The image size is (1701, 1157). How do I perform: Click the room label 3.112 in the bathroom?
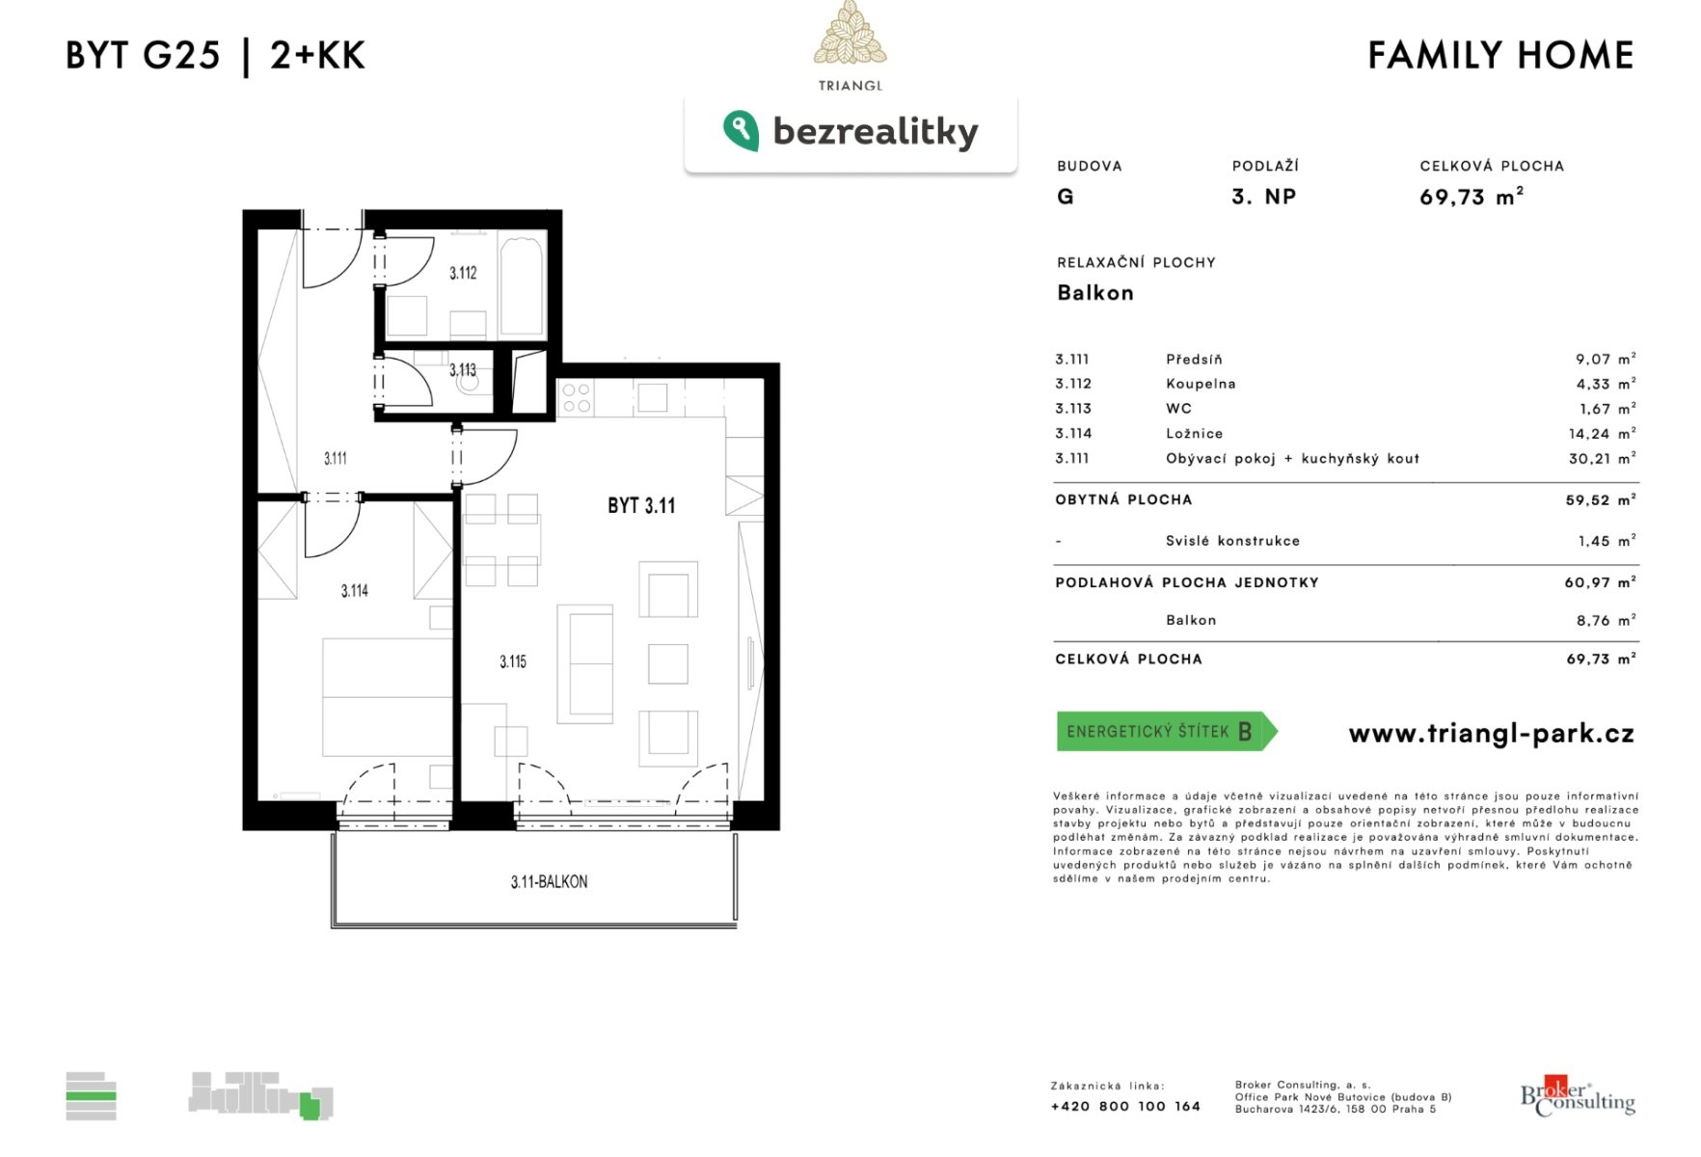[463, 273]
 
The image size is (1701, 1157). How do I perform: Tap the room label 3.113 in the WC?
[463, 370]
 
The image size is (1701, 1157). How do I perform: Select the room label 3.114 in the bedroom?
[354, 590]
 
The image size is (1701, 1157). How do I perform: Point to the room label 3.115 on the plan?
[513, 661]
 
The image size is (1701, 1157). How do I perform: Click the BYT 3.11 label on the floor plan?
[641, 505]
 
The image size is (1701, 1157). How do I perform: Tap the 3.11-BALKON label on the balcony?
[549, 881]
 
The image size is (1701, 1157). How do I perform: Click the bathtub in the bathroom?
[523, 286]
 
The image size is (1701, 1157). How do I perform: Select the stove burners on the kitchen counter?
[576, 398]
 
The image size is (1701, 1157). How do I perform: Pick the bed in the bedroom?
[388, 696]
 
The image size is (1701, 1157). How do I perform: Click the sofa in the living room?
[584, 664]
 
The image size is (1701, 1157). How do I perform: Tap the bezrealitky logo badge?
[850, 132]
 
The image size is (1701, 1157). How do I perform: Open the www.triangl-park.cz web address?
[1491, 734]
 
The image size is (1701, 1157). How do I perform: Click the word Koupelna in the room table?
[1201, 384]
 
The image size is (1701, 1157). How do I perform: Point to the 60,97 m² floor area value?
[1600, 582]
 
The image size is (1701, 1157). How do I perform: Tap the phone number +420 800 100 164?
[1125, 1106]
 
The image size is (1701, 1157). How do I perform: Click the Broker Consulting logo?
[1578, 1095]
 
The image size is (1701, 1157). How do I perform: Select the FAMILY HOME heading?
[1500, 55]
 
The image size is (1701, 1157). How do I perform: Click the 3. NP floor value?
[1263, 197]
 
